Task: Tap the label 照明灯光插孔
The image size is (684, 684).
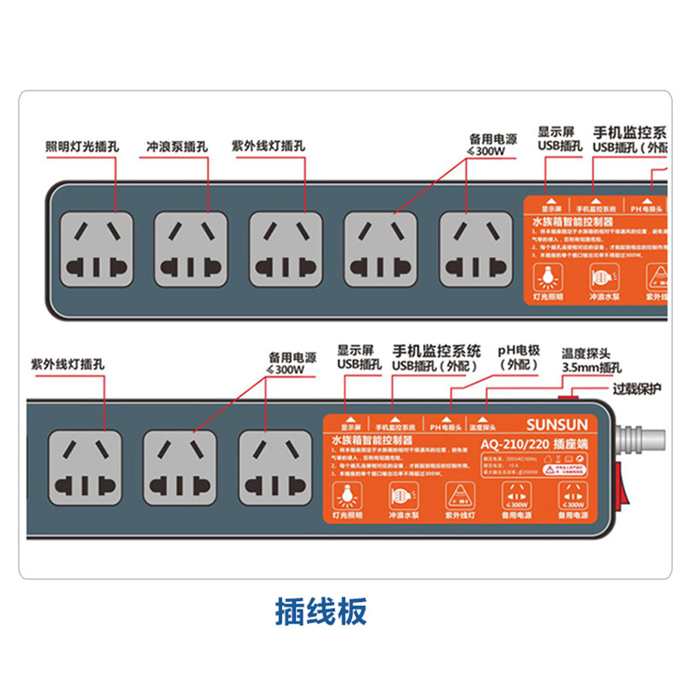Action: (82, 147)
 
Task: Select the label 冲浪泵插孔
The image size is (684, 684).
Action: (177, 147)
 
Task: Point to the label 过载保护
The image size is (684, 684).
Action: (637, 389)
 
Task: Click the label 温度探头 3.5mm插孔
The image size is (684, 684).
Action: (591, 360)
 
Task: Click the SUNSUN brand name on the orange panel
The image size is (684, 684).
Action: (557, 424)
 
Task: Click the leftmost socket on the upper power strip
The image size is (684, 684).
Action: (97, 248)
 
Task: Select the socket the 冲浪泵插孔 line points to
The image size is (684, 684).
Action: (192, 248)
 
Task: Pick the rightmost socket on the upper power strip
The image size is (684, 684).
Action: (476, 248)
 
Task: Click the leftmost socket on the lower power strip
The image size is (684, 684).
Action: (83, 466)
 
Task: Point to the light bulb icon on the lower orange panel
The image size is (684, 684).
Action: (348, 494)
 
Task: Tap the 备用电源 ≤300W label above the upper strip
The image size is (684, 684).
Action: (493, 144)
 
